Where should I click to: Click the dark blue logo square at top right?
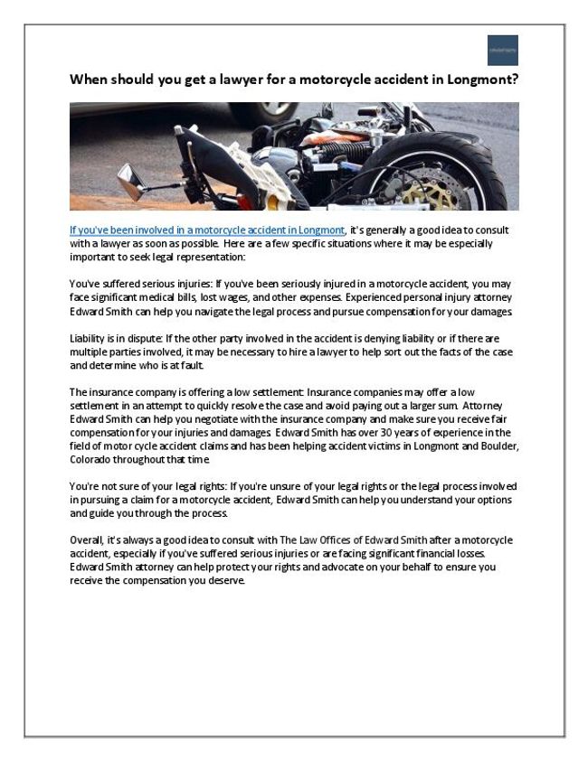tap(502, 50)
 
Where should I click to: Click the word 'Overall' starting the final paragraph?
tap(87, 539)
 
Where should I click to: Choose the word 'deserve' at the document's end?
tap(226, 581)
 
